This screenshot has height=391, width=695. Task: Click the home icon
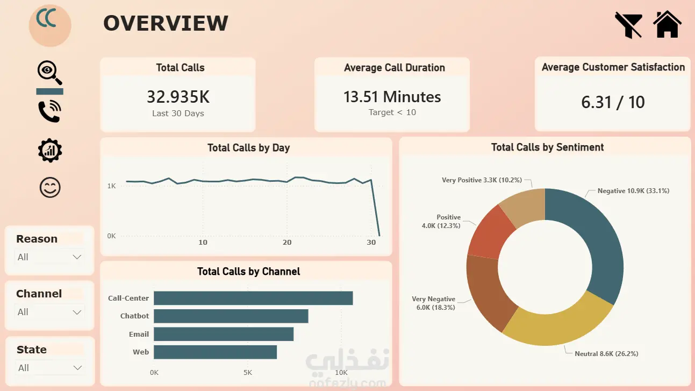click(667, 24)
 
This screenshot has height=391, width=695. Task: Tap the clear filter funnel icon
click(628, 25)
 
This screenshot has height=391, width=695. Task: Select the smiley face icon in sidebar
click(50, 188)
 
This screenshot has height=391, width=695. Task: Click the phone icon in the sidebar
click(49, 111)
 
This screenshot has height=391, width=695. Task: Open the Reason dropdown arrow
click(77, 257)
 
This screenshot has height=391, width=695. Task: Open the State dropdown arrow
click(77, 368)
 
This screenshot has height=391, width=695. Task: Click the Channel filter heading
click(39, 294)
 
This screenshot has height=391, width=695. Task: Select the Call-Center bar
click(253, 298)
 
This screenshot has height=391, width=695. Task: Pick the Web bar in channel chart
click(216, 352)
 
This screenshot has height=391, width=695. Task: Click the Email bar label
click(139, 334)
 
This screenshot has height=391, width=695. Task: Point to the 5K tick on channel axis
click(248, 372)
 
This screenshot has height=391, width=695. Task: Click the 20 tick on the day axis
click(287, 242)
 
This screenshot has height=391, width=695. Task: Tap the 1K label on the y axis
click(111, 186)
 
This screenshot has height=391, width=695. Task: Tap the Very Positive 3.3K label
click(482, 180)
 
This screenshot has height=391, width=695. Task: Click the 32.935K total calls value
click(178, 97)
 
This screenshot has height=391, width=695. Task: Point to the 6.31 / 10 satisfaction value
click(613, 102)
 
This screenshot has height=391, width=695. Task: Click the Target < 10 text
click(392, 112)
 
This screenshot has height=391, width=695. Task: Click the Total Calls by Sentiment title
click(548, 147)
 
